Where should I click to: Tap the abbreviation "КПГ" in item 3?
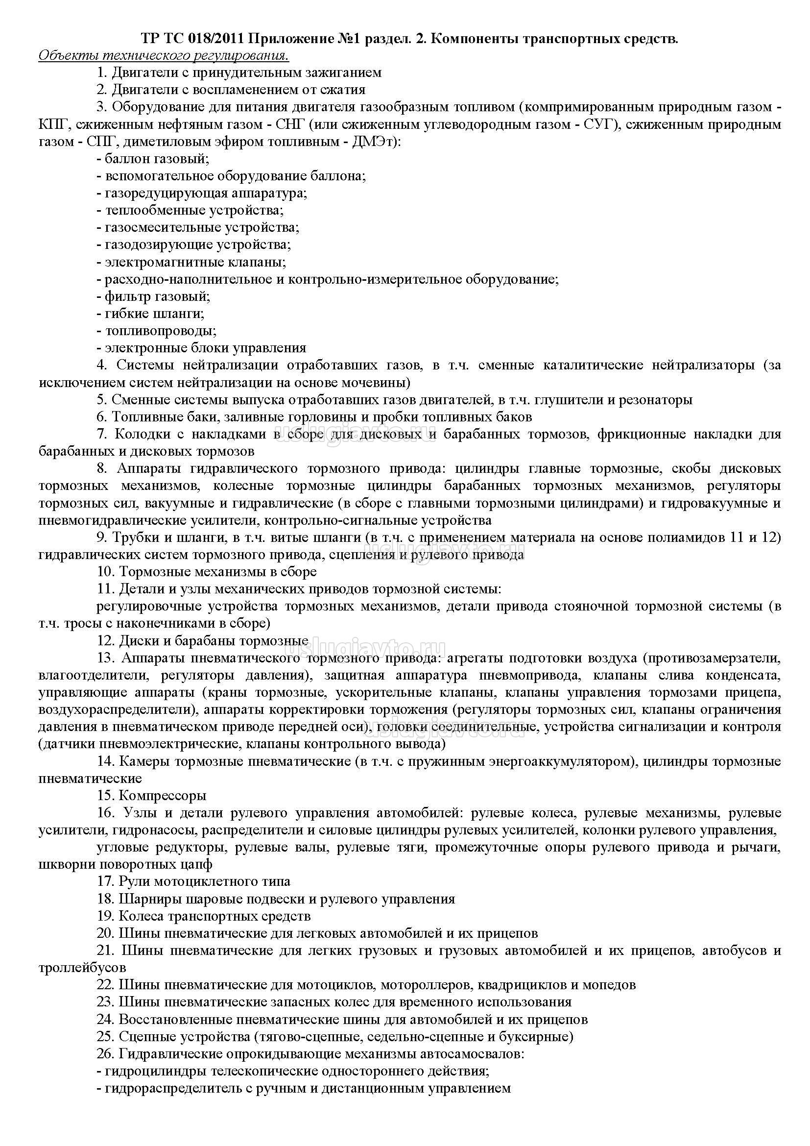point(52,124)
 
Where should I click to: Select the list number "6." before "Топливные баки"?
point(103,417)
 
